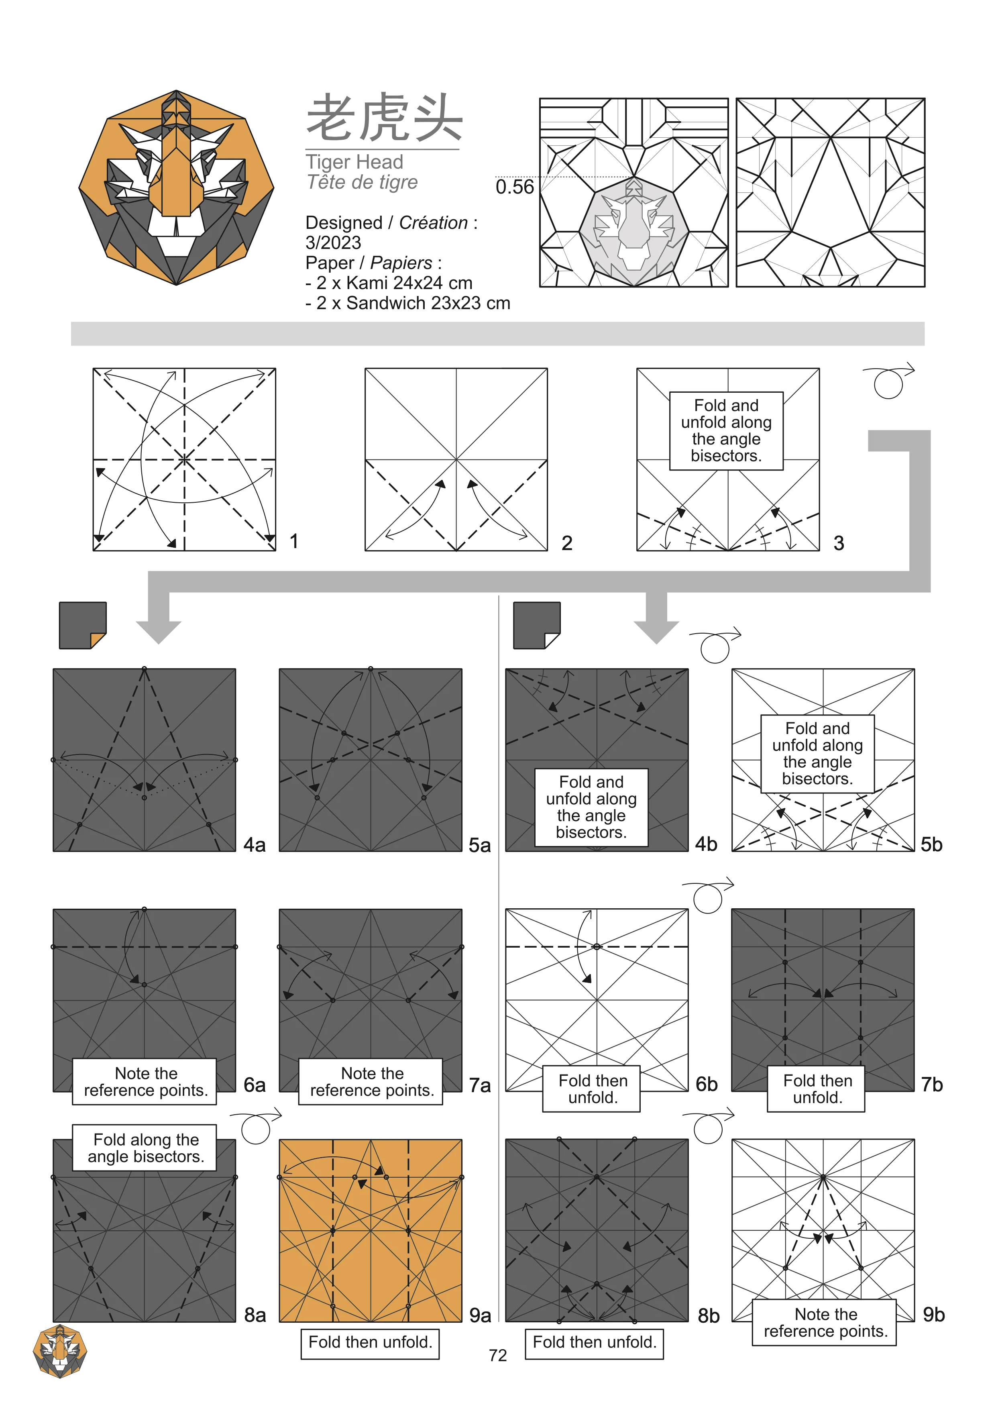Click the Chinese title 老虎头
coord(384,117)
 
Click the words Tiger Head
coord(355,162)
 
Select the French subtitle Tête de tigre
coord(362,182)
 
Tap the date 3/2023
coord(333,243)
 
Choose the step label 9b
coord(933,1315)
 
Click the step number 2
coord(567,543)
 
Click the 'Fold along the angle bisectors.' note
coord(144,1148)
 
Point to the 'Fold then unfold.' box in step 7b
coord(816,1089)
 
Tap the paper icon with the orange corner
coord(83,625)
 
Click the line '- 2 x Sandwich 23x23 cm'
coord(407,303)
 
